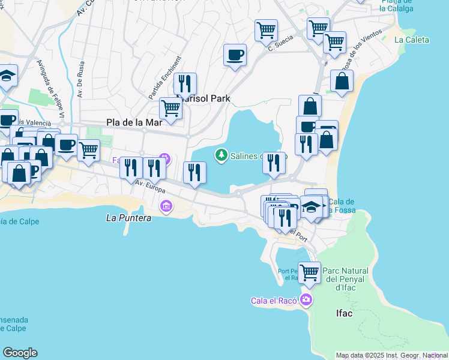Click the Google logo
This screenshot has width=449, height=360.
pos(20,353)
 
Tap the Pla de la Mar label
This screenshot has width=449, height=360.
pos(134,122)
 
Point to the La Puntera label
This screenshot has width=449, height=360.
pos(128,218)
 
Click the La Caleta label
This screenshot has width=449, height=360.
pos(412,40)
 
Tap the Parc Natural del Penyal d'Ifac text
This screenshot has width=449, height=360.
pos(349,278)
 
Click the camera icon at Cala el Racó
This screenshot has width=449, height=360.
pos(307,299)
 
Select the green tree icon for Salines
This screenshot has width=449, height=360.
pos(221,155)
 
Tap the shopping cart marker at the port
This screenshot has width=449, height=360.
pos(309,272)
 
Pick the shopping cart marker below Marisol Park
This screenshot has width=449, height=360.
pos(170,109)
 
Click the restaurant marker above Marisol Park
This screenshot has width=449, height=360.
pos(185,83)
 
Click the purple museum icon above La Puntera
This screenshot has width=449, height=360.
pos(166,207)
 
